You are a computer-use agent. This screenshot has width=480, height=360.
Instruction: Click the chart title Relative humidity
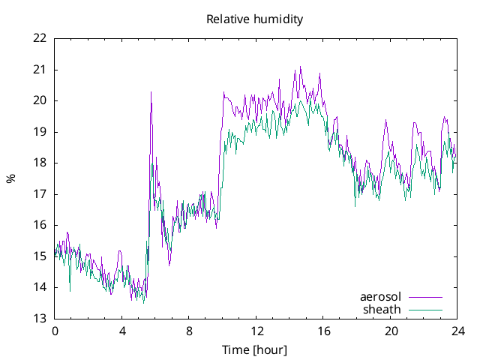point(255,19)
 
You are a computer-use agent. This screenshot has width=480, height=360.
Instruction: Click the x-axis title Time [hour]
point(255,350)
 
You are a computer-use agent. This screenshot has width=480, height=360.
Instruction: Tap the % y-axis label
point(10,178)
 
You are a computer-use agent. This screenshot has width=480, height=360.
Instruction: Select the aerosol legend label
point(380,297)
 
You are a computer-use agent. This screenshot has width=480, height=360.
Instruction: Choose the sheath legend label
point(382,309)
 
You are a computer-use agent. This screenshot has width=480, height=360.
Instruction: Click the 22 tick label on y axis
point(40,38)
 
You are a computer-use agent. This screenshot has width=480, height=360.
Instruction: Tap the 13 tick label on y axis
point(40,318)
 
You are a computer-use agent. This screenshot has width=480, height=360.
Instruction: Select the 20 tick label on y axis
point(40,100)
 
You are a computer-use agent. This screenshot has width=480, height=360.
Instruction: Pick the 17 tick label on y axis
point(40,193)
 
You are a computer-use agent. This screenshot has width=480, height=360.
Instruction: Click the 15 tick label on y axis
point(40,256)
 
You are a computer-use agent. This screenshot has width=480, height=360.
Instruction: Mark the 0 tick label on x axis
point(55,331)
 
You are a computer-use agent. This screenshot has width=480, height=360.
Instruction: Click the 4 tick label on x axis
point(122,331)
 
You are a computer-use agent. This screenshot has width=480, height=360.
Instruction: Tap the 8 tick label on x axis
point(190,331)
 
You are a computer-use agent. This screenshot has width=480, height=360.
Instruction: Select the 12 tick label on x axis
point(256,331)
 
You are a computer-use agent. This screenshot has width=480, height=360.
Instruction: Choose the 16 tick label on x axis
point(324,331)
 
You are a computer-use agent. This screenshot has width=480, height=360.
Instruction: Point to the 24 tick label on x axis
point(458,331)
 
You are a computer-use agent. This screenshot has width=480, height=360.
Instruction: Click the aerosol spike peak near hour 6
point(151,92)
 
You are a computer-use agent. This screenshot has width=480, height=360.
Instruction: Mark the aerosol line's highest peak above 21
point(301,67)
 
